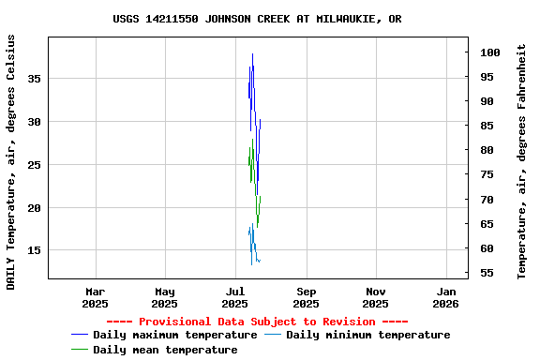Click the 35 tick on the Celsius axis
pyautogui.click(x=34, y=79)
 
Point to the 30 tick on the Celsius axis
pyautogui.click(x=34, y=122)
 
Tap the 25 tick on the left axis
pyautogui.click(x=34, y=165)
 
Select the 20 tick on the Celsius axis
pyautogui.click(x=34, y=207)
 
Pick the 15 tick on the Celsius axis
pyautogui.click(x=34, y=250)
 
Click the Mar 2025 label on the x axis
pyautogui.click(x=95, y=297)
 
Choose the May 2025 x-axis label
pyautogui.click(x=165, y=297)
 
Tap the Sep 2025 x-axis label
pyautogui.click(x=306, y=297)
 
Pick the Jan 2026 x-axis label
pyautogui.click(x=445, y=297)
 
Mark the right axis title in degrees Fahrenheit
pyautogui.click(x=522, y=161)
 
